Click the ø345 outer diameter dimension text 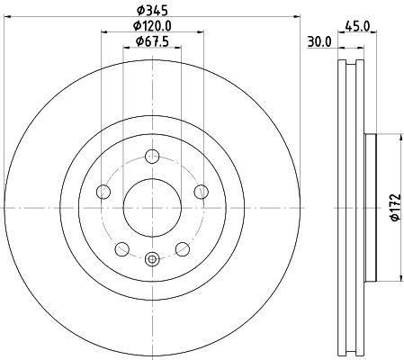point(151,10)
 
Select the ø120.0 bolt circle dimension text point(151,26)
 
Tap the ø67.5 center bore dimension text point(151,41)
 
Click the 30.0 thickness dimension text point(319,41)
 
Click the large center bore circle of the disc point(150,206)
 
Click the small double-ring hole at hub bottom point(150,260)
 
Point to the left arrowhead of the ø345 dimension point(9,16)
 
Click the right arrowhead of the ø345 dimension point(292,16)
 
